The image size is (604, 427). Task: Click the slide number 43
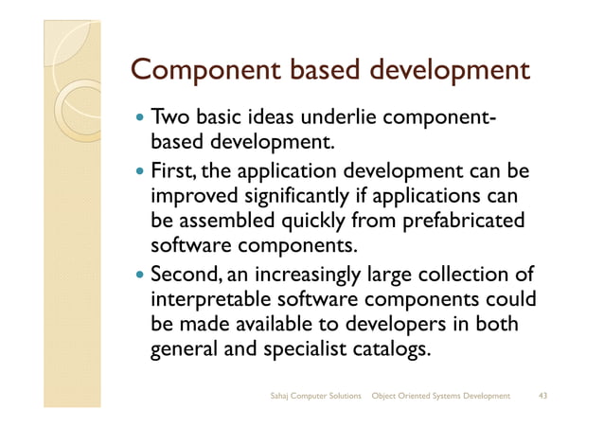point(543,394)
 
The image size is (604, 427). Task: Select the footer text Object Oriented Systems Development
point(441,394)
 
